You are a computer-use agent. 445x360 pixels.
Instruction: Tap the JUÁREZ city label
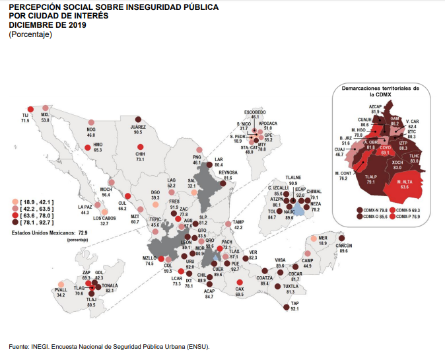click(138, 126)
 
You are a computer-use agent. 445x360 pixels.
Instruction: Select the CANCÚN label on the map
click(343, 246)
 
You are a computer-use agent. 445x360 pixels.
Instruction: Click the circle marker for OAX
click(239, 283)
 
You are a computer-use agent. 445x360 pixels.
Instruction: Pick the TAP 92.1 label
click(294, 305)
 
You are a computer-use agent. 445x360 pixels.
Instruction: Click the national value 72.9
click(84, 233)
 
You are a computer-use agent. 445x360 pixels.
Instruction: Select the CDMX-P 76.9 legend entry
click(407, 216)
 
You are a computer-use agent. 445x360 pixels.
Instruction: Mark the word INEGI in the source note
click(40, 346)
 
